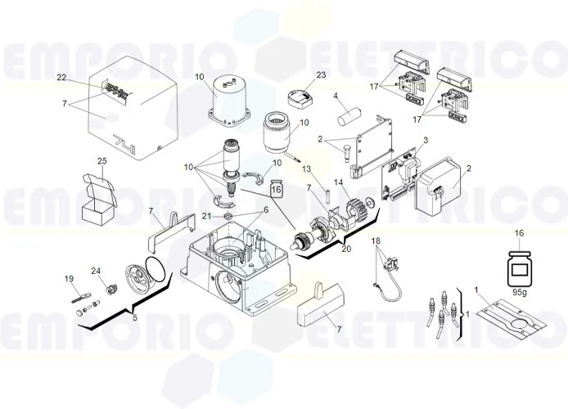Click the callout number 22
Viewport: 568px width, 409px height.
point(61,78)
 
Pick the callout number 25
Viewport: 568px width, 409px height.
point(102,160)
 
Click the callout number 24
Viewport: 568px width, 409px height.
point(96,271)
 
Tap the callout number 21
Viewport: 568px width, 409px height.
point(207,215)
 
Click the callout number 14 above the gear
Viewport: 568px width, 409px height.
point(339,182)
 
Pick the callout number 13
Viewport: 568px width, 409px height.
point(308,169)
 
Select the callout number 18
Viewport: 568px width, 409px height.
point(376,241)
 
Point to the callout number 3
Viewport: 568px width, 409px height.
point(424,141)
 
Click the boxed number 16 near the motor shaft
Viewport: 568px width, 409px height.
point(277,189)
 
